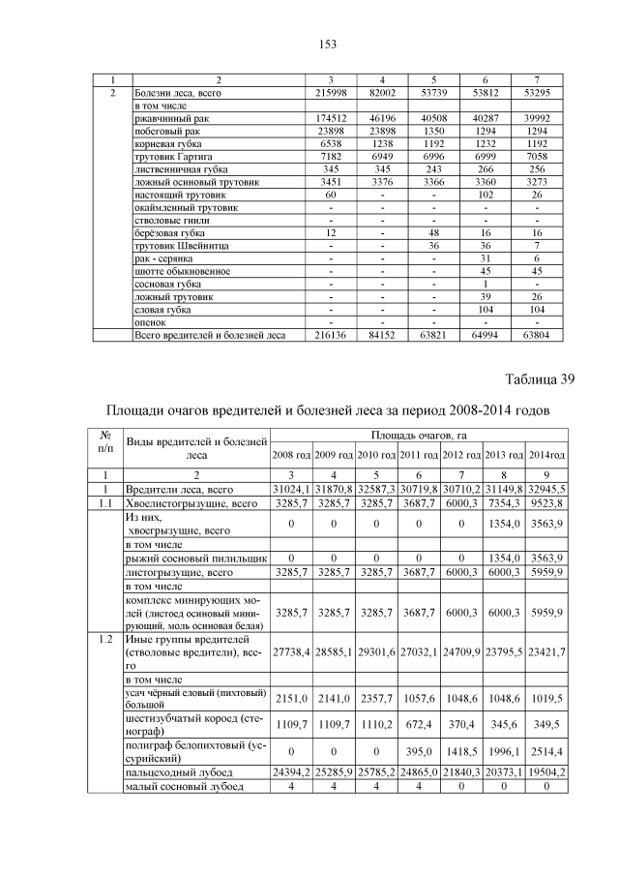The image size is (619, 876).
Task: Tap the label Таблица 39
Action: click(x=541, y=379)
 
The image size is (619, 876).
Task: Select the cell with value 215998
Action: click(x=332, y=93)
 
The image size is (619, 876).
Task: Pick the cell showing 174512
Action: click(x=332, y=118)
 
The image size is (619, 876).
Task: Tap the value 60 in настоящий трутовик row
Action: click(x=332, y=195)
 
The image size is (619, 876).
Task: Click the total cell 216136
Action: click(x=332, y=336)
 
